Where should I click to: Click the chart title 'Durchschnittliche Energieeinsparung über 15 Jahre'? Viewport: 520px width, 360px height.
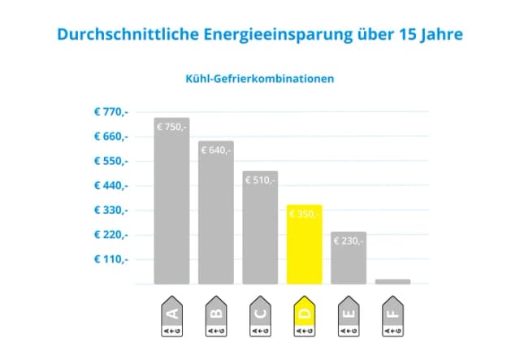[260, 36]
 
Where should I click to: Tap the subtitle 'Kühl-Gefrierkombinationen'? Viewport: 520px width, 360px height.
[260, 80]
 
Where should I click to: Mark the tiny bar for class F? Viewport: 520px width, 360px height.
[392, 281]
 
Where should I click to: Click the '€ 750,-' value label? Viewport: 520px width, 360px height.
[171, 127]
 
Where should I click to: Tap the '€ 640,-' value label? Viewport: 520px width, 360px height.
[215, 150]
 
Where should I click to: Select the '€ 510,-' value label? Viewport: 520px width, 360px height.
[260, 180]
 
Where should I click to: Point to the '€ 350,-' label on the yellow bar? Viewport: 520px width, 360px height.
[305, 214]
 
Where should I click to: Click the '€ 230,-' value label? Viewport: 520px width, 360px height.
[349, 241]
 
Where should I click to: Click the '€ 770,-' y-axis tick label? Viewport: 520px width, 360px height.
[111, 112]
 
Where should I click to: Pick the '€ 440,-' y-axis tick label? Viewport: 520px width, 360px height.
[111, 186]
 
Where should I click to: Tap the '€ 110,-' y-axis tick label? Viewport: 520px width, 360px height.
[111, 260]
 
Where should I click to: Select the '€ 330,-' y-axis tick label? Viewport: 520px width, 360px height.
[111, 210]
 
